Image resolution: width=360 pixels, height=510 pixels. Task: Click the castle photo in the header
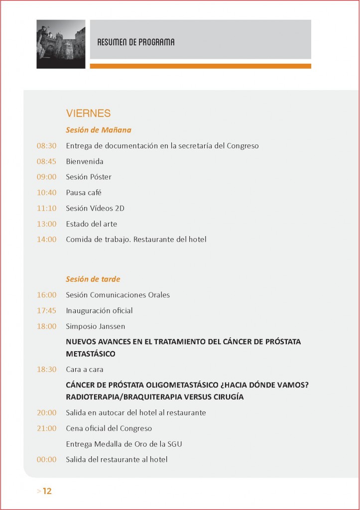(61, 44)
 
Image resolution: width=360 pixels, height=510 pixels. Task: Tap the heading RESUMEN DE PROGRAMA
(136, 42)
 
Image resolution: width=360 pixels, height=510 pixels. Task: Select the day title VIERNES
(88, 114)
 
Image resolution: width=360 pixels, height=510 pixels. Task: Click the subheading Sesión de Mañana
(99, 130)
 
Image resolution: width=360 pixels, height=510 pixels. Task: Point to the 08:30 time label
(47, 146)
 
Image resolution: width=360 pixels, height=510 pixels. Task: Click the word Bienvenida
(85, 161)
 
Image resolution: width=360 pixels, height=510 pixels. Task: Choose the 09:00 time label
(47, 177)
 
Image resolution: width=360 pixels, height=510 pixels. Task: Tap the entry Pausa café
(84, 192)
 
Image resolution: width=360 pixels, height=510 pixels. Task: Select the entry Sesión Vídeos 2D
(95, 208)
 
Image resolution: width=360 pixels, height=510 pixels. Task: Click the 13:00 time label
(47, 224)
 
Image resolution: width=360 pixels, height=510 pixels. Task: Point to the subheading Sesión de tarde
(93, 279)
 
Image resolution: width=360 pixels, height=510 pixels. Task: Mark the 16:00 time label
(47, 295)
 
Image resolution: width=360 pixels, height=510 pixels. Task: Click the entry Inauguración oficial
(99, 310)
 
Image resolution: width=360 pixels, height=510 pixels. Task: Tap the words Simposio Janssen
(96, 326)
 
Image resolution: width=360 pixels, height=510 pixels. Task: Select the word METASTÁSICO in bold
(91, 354)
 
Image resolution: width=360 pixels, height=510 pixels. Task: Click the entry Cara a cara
(85, 370)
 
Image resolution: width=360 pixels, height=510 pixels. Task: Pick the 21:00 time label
(47, 428)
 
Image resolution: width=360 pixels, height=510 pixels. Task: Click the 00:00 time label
(47, 459)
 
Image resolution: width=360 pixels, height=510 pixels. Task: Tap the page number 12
(47, 491)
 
